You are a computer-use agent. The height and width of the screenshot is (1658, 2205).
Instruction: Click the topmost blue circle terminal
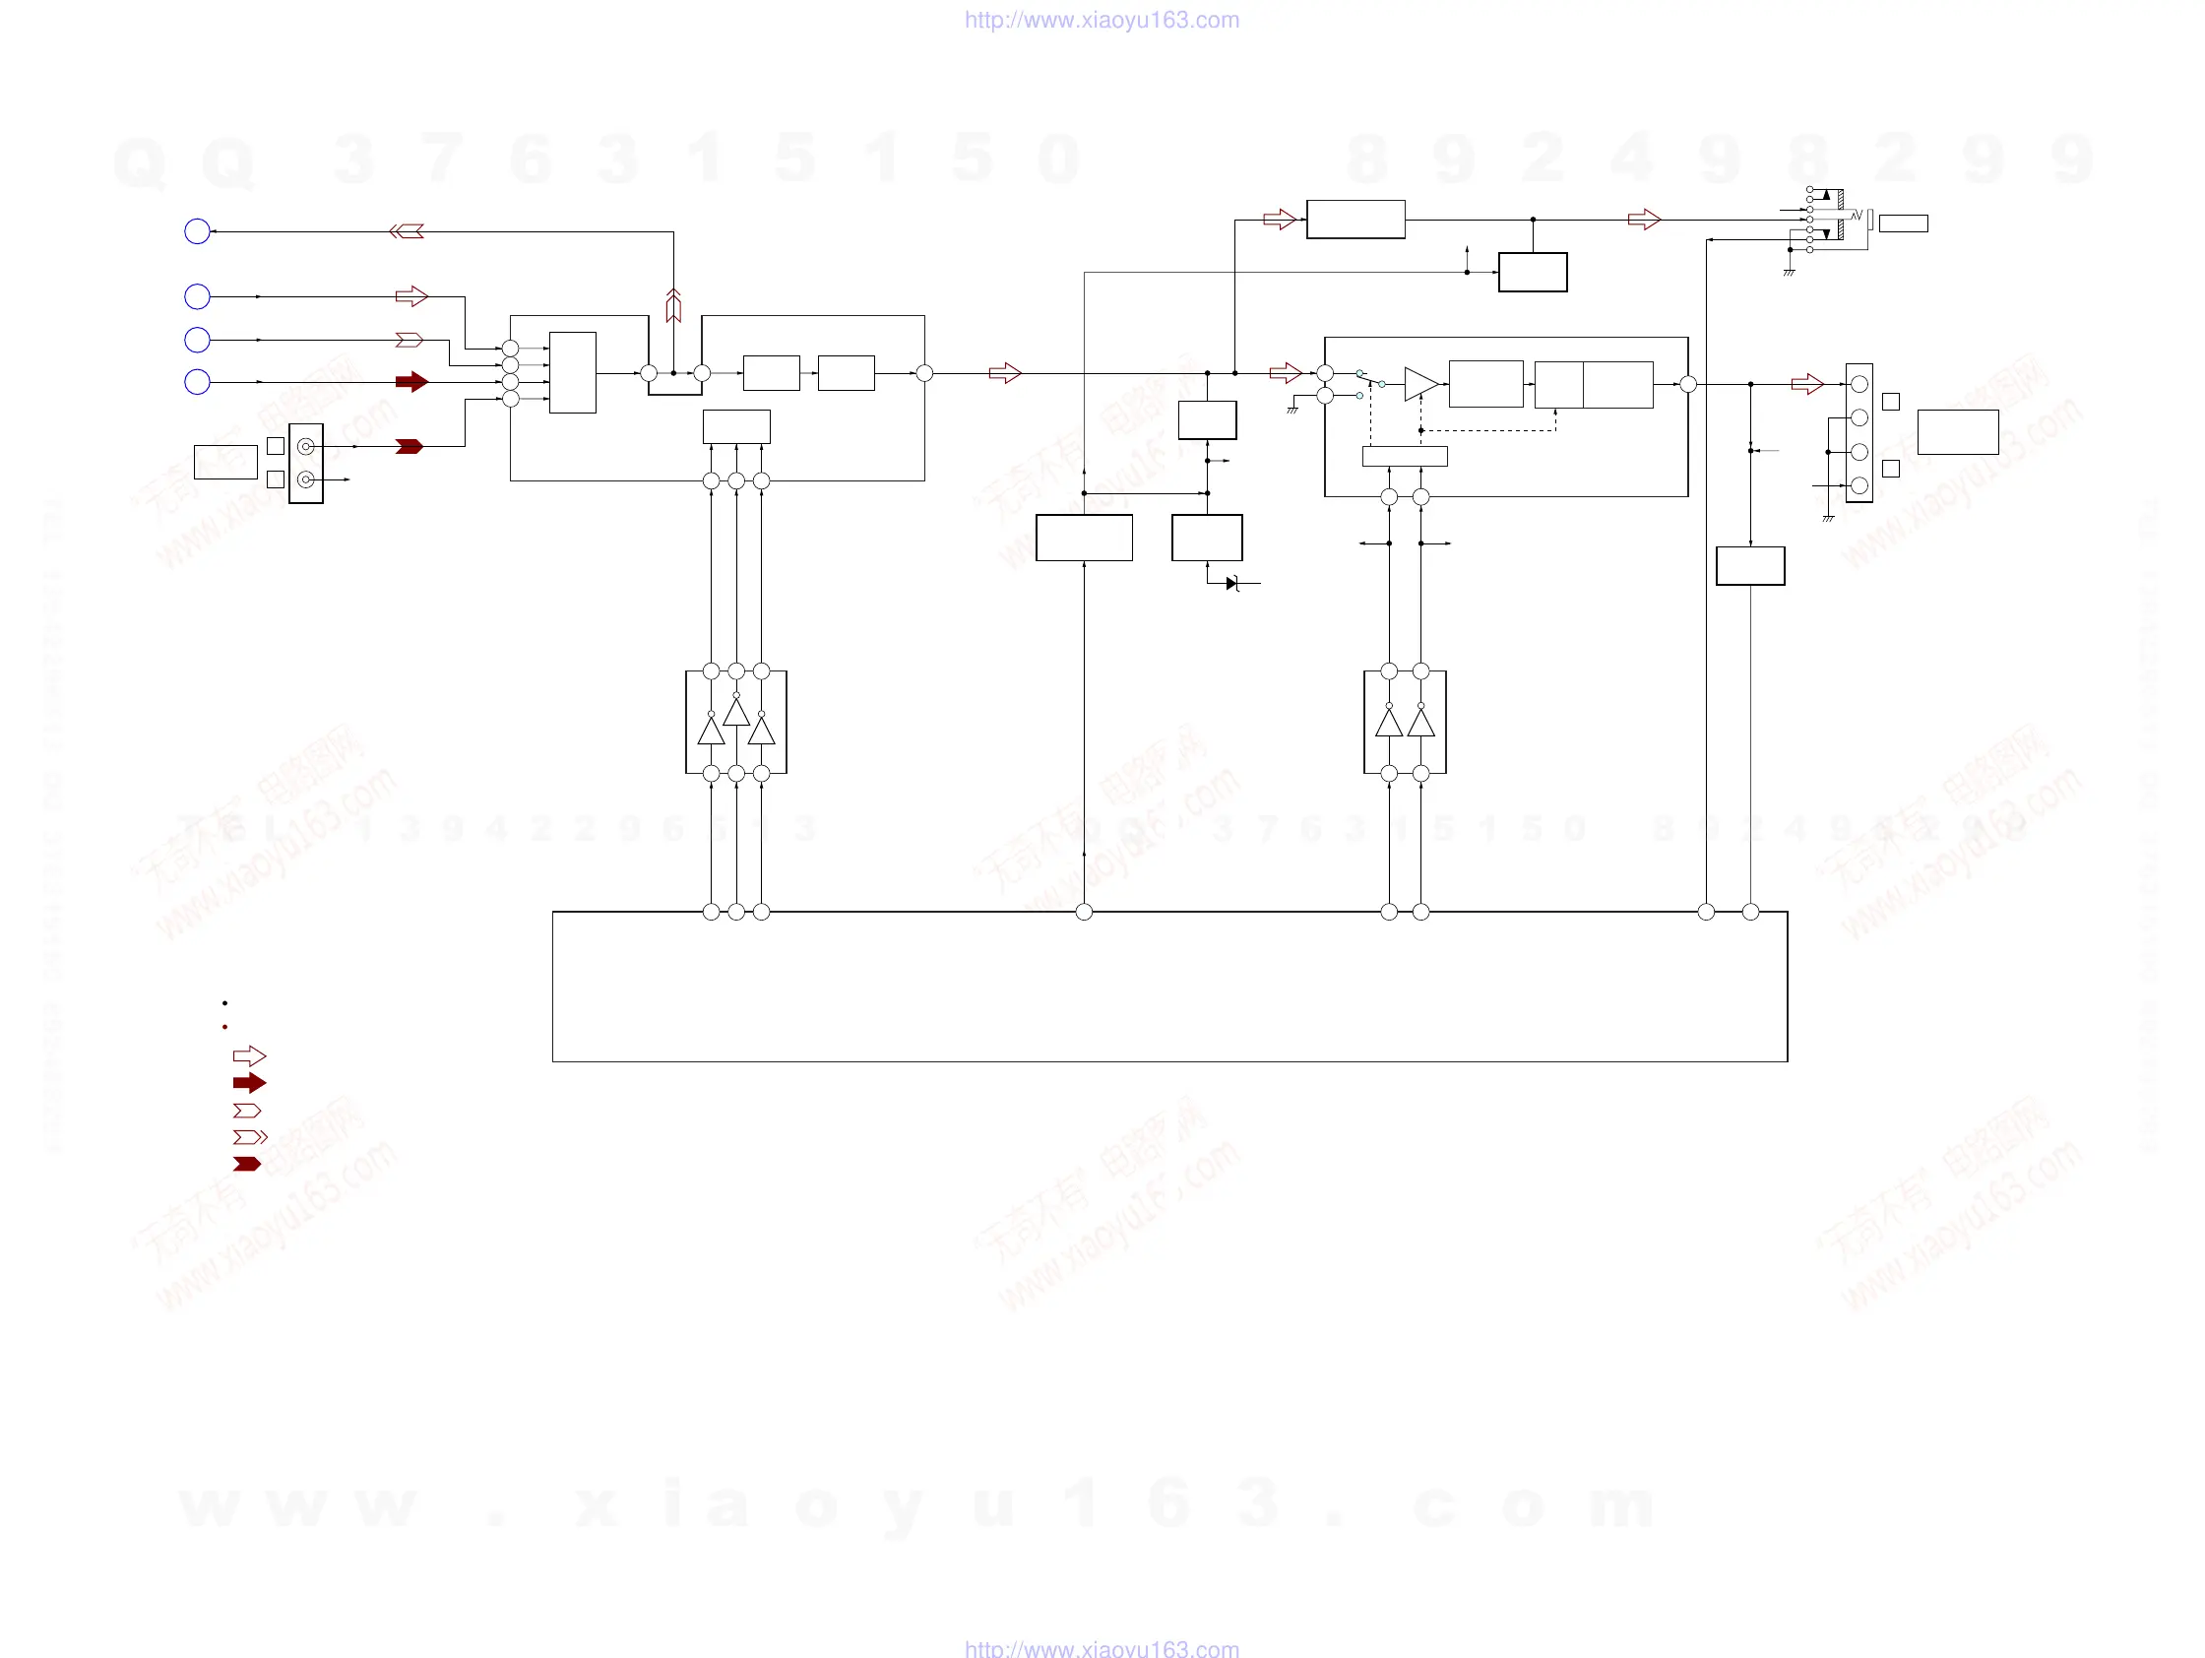[198, 231]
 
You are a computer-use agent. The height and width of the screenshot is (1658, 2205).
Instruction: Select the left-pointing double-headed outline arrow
[407, 231]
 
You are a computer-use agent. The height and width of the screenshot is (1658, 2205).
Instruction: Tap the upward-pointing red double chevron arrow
[674, 305]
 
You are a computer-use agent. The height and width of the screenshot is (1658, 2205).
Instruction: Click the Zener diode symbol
[1233, 583]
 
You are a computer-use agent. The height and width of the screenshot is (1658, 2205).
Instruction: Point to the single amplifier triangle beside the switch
[1420, 384]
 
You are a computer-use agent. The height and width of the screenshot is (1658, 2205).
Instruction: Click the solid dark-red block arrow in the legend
[249, 1083]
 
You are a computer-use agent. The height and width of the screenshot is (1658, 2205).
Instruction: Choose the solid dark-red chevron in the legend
[246, 1164]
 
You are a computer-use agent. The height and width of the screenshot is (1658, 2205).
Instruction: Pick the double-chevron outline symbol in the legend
[249, 1136]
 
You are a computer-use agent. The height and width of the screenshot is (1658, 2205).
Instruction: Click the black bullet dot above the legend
[225, 1003]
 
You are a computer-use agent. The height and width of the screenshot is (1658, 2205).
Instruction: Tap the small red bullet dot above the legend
[225, 1027]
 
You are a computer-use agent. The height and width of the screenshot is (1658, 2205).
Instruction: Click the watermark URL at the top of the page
[1102, 20]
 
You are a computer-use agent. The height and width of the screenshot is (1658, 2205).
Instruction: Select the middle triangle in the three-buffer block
[736, 712]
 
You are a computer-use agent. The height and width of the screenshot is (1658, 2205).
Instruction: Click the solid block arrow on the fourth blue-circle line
[411, 382]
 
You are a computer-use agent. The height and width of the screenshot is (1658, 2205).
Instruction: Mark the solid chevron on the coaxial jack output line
[409, 447]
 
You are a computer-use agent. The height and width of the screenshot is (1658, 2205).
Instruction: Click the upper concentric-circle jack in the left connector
[306, 447]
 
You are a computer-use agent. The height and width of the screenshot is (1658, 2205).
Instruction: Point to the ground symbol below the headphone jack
[1790, 271]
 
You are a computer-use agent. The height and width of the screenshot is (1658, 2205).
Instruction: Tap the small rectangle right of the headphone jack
[1903, 223]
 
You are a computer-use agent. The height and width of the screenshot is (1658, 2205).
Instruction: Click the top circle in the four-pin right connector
[1859, 384]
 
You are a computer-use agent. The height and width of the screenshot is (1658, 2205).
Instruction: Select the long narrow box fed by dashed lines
[1405, 457]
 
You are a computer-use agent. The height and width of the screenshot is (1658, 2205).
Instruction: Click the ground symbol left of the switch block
[1292, 410]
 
